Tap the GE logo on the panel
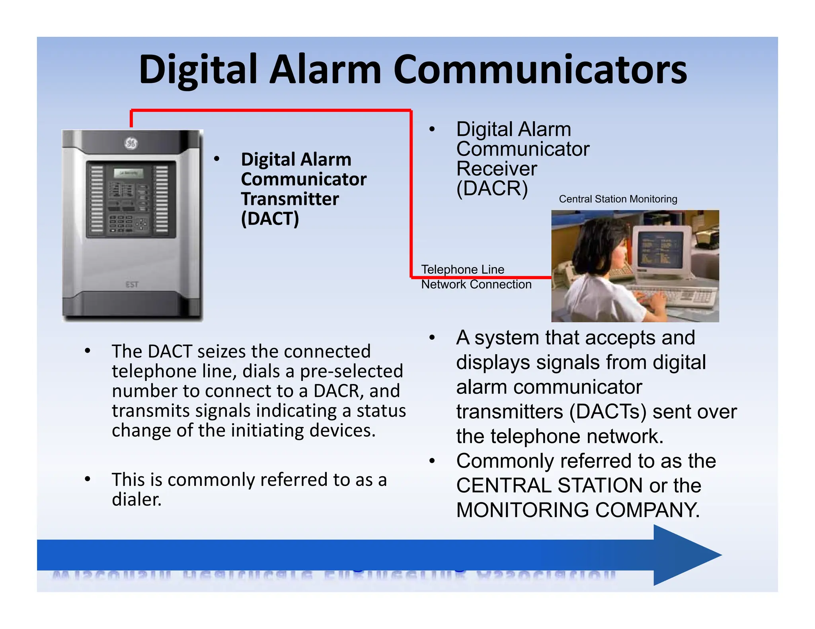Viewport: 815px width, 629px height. point(131,143)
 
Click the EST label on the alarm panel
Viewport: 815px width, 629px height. point(132,285)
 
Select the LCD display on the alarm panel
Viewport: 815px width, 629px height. point(128,173)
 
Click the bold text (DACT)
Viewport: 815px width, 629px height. point(270,219)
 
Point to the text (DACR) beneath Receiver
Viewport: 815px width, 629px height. point(492,188)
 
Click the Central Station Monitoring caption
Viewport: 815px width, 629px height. point(618,199)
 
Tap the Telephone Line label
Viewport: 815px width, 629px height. point(462,269)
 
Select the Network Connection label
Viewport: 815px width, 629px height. point(476,284)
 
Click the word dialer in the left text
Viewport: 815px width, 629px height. point(136,499)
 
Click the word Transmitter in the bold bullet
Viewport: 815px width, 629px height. point(290,199)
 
